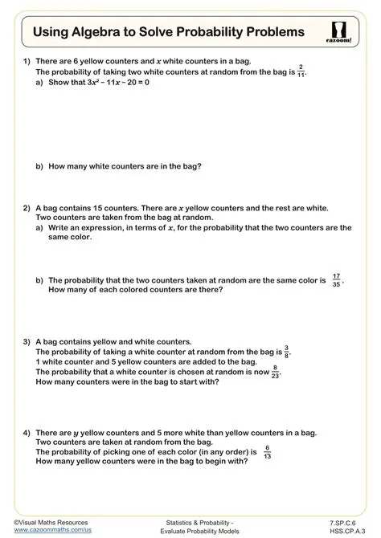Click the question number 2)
[x=27, y=207]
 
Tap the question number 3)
[x=27, y=341]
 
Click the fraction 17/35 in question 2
[x=335, y=281]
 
